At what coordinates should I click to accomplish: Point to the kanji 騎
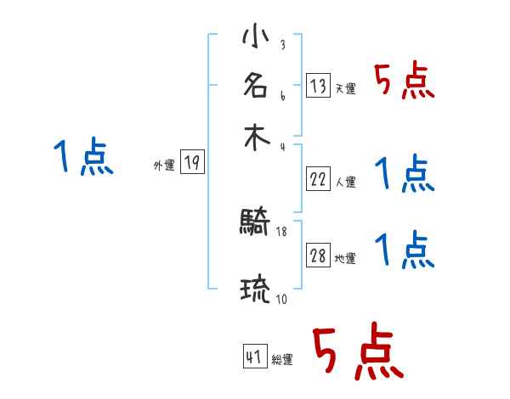255,224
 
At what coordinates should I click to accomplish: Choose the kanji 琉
255,290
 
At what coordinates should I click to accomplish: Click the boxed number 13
318,86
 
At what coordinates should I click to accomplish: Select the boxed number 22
318,179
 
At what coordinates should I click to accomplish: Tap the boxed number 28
318,256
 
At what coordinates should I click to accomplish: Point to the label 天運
345,88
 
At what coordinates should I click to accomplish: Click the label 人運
345,182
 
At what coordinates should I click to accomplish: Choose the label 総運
282,359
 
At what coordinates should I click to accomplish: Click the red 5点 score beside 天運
405,82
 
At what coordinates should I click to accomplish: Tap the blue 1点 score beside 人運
405,175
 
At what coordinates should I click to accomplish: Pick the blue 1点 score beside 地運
405,251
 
